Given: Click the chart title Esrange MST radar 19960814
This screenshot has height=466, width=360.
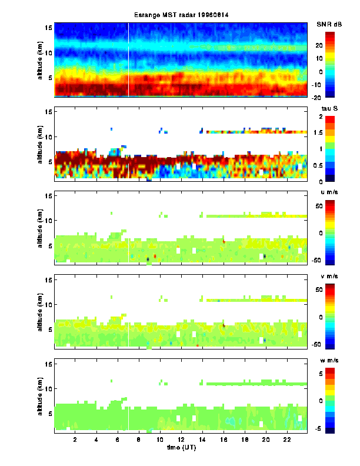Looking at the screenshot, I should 181,15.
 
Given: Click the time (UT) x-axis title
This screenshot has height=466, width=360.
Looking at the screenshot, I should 181,448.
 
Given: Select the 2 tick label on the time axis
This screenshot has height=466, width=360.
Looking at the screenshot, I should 75,440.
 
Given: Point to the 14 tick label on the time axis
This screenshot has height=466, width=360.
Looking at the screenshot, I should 202,440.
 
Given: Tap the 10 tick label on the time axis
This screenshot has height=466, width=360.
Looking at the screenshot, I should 160,440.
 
